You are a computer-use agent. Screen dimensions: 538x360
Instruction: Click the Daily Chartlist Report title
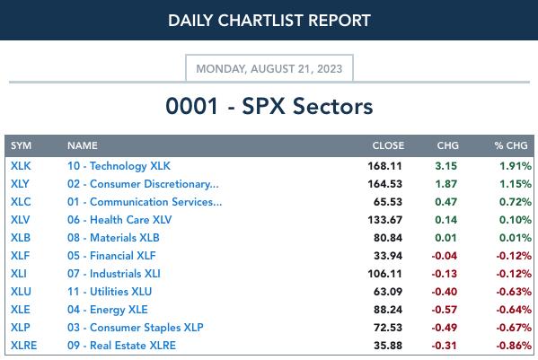[269, 21]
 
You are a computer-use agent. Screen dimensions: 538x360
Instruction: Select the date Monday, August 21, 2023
[269, 68]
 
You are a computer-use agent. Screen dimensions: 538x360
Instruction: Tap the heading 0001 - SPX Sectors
[269, 106]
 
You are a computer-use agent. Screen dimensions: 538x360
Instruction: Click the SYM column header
[21, 145]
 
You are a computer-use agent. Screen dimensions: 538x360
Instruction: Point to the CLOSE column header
[388, 145]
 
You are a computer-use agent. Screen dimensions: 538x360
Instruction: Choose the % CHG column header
[511, 145]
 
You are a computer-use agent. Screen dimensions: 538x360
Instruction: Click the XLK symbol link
[21, 166]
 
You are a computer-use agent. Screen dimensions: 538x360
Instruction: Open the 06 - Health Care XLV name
[119, 220]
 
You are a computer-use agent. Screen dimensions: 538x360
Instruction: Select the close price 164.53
[384, 184]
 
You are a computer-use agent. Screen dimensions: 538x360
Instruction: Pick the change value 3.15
[445, 166]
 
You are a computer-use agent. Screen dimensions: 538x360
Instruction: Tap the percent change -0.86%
[514, 346]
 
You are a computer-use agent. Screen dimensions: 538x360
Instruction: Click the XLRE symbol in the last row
[23, 346]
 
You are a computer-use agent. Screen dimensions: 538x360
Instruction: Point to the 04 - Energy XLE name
[108, 310]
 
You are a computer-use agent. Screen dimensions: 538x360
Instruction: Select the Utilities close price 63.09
[388, 292]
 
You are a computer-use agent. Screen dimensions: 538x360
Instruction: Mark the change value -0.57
[444, 310]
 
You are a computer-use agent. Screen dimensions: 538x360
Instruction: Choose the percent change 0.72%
[516, 202]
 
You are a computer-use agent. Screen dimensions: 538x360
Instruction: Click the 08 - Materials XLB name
[113, 238]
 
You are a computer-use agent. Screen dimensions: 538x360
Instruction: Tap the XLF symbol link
[21, 256]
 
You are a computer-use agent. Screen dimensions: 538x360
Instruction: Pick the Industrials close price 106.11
[384, 274]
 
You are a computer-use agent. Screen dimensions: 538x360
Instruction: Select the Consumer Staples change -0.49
[444, 328]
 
